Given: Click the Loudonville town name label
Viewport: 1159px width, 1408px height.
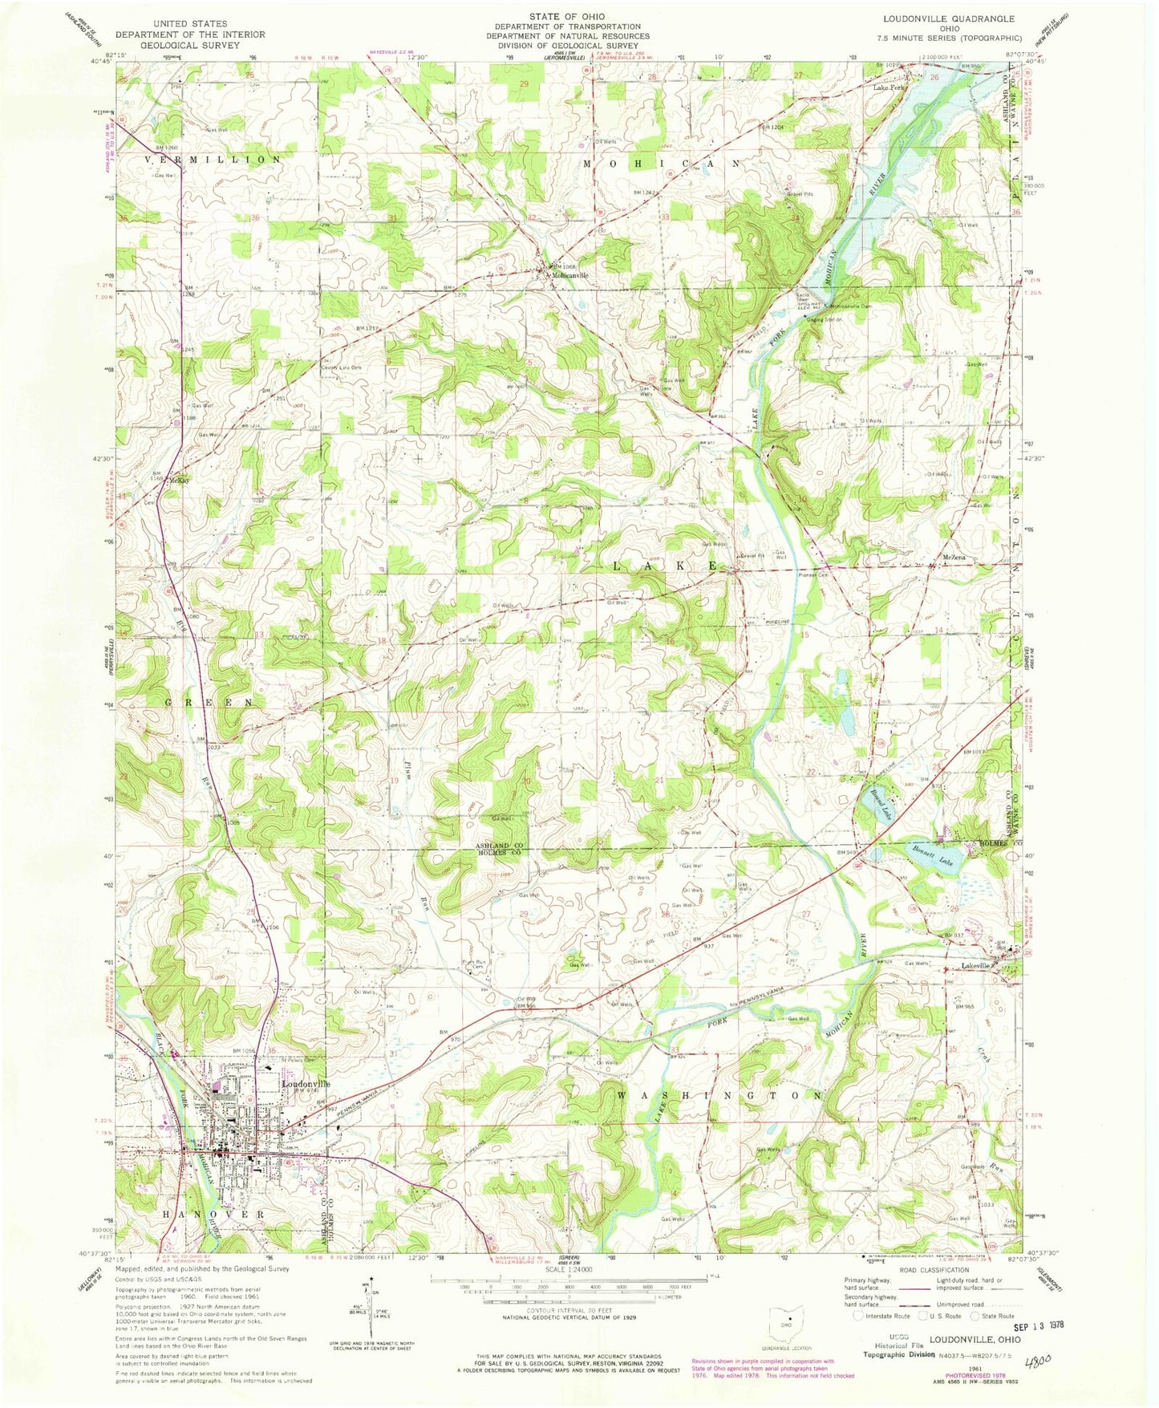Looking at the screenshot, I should click(306, 1082).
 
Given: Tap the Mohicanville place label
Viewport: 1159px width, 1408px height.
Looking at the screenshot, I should click(569, 275).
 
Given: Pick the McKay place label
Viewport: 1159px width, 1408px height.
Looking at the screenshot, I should click(178, 480).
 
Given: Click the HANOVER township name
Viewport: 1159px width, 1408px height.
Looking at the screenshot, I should click(213, 1215).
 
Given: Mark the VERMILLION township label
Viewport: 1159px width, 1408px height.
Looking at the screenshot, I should click(213, 160).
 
